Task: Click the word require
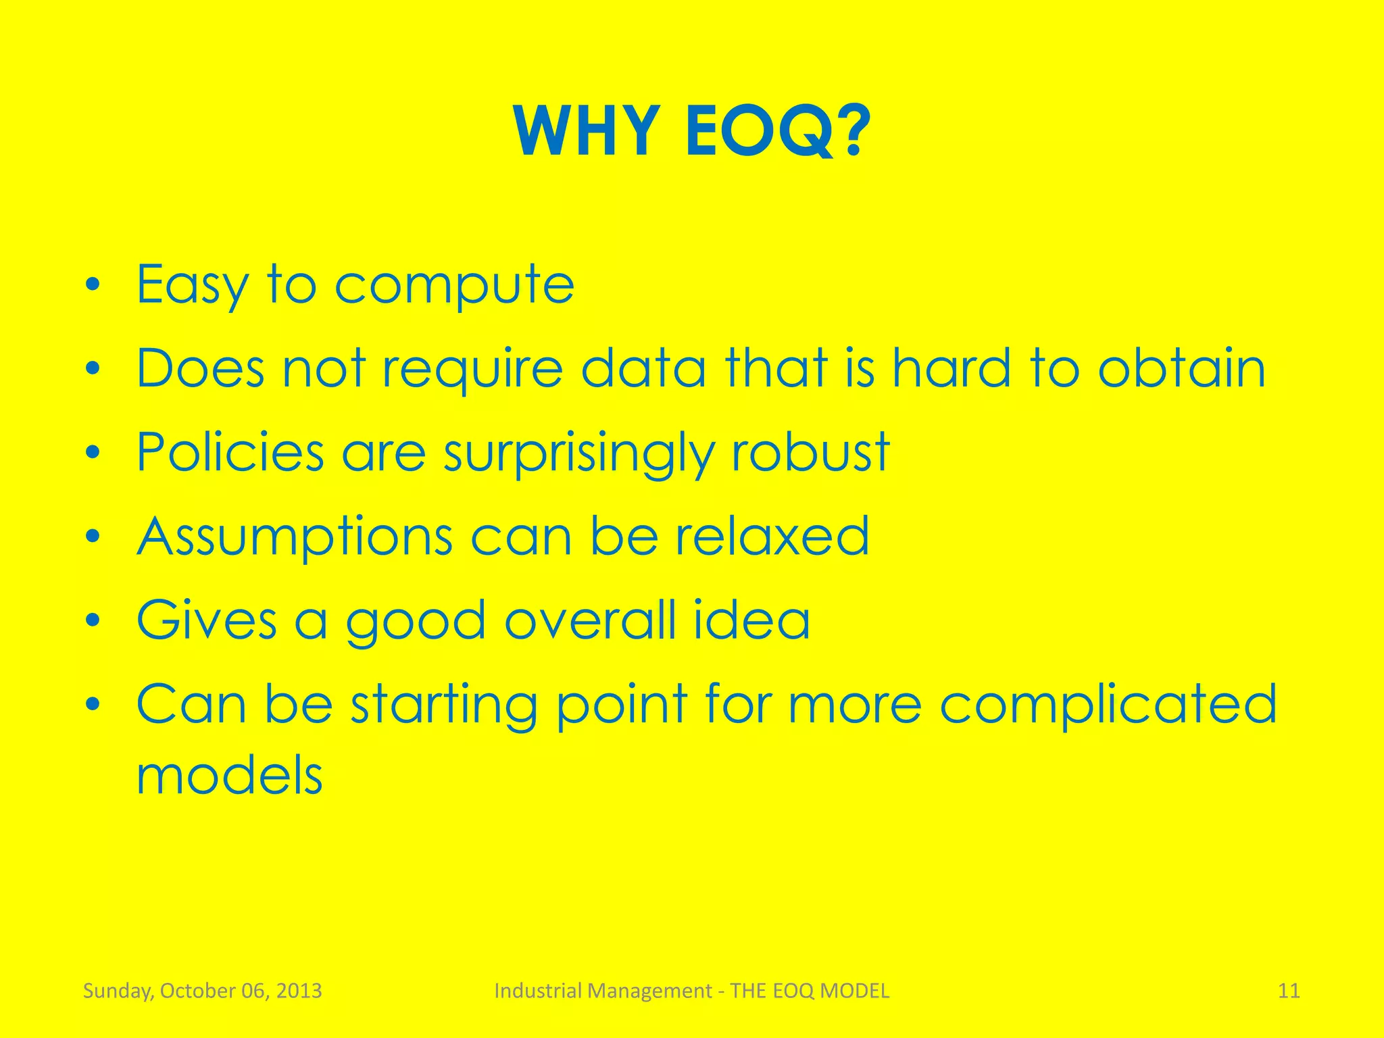click(472, 370)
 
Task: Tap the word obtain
click(1181, 368)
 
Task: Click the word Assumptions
click(295, 537)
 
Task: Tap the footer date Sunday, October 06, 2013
click(202, 991)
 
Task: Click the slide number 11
click(1289, 991)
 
